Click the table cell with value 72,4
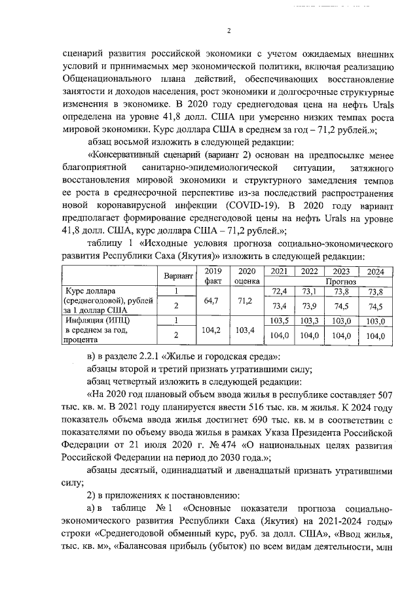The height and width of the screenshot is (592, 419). click(x=280, y=290)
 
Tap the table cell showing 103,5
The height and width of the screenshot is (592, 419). click(x=280, y=321)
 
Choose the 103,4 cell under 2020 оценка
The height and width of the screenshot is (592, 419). click(x=247, y=330)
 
